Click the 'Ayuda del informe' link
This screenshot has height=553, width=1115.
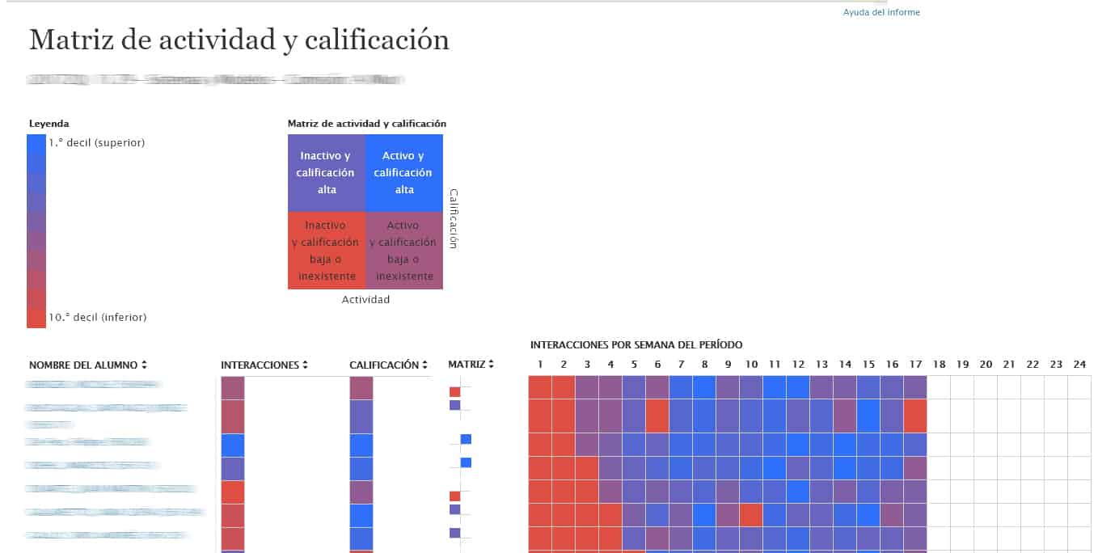881,12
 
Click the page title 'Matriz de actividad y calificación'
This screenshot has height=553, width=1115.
239,40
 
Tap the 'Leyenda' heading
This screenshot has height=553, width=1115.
49,124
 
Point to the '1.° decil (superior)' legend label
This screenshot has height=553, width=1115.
96,142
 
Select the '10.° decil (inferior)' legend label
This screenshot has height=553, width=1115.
97,318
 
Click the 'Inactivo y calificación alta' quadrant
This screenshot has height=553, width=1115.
326,172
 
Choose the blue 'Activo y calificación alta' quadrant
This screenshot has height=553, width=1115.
403,172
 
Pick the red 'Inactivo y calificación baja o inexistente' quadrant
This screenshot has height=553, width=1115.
326,251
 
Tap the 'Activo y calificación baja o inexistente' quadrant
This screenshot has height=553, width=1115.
403,251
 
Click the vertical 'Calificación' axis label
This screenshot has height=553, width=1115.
454,218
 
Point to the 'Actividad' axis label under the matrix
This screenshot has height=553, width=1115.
365,300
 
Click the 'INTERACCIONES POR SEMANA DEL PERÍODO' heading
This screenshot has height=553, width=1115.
636,345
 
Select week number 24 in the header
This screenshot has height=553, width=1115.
1079,365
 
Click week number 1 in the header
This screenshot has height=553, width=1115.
540,365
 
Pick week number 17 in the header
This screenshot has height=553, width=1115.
915,365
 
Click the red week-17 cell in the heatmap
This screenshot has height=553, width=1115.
915,416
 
